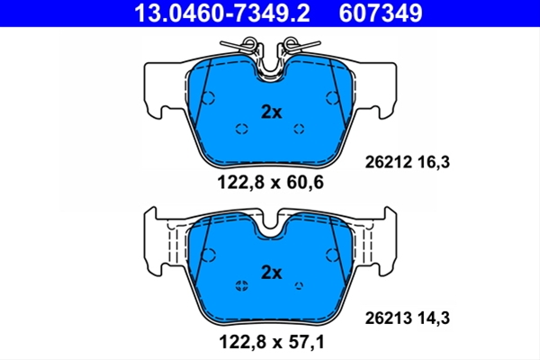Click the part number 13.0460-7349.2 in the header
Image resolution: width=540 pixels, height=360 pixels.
coord(222,13)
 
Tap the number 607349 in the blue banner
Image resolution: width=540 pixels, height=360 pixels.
coord(381,13)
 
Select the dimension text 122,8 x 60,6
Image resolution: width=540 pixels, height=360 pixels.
coord(270,182)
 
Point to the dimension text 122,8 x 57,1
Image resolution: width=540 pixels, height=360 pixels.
coord(272,342)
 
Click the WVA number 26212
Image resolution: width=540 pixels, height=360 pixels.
coord(388,162)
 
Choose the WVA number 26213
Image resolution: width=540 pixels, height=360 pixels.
coord(388,318)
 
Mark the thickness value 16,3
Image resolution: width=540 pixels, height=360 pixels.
coord(434,162)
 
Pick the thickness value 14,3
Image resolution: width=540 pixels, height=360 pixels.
coord(434,319)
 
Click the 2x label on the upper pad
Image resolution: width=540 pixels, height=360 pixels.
coord(272,112)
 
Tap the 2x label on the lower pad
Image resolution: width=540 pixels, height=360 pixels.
coord(272,273)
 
